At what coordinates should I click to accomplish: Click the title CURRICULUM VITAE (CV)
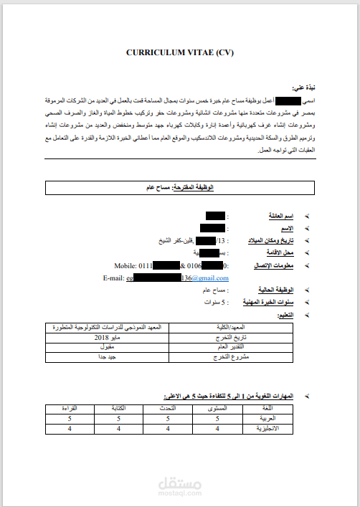pos(180,52)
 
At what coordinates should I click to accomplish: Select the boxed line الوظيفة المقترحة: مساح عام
pos(180,187)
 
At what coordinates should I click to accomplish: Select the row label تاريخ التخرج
pos(231,336)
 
